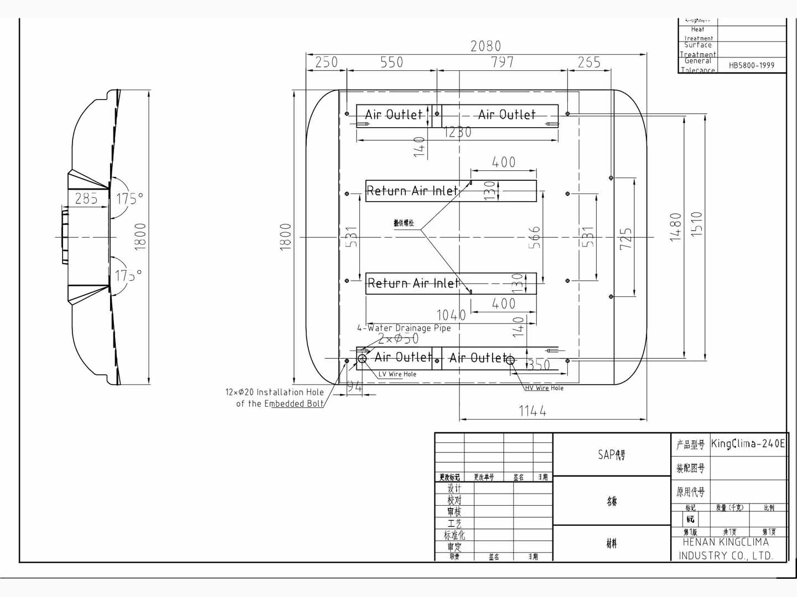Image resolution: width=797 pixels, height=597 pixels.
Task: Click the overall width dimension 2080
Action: click(485, 46)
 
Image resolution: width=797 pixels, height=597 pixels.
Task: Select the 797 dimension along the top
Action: click(503, 62)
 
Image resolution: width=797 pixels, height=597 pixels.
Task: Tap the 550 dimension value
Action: click(391, 62)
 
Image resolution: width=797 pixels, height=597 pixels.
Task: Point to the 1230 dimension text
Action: click(458, 132)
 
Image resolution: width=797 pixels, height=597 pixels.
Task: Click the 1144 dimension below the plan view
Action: click(532, 411)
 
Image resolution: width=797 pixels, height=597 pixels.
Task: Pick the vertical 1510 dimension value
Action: click(697, 224)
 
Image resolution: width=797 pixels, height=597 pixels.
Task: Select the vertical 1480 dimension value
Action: click(676, 227)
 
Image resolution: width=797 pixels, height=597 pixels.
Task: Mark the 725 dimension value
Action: click(626, 239)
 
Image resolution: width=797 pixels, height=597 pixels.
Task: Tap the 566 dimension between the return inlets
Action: click(534, 237)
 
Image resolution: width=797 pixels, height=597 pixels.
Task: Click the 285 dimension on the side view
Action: click(86, 198)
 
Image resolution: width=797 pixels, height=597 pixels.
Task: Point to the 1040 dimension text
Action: click(451, 315)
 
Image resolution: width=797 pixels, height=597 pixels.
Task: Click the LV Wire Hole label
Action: click(397, 374)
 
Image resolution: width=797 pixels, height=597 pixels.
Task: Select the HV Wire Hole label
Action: click(544, 388)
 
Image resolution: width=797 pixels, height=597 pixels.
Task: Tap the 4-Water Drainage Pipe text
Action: click(404, 328)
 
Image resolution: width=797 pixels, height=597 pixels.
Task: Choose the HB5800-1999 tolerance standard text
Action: click(751, 65)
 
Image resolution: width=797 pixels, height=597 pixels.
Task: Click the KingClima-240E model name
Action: click(748, 443)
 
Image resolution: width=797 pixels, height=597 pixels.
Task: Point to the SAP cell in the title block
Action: click(611, 454)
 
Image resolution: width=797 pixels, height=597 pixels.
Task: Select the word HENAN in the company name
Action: click(698, 542)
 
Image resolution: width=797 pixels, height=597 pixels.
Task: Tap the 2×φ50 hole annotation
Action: click(398, 339)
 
